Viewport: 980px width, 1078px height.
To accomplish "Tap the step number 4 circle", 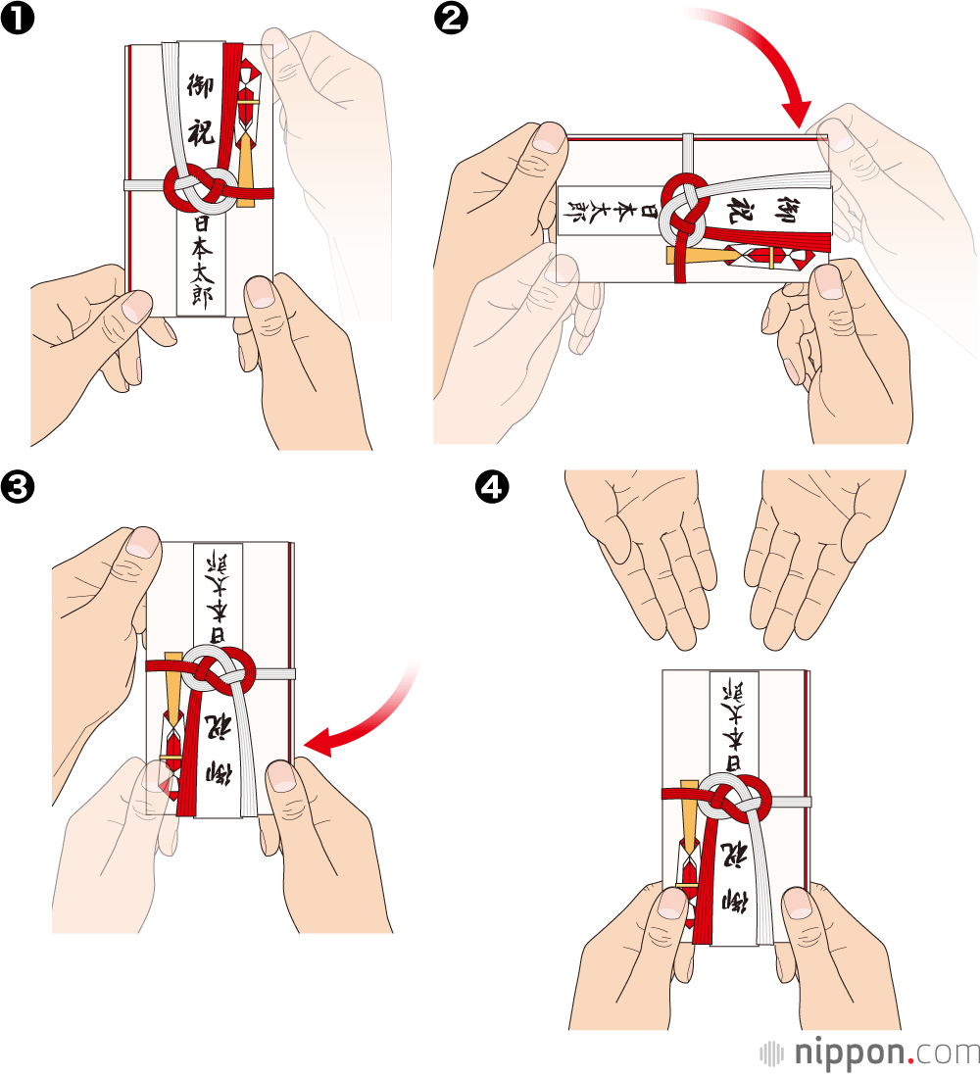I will tap(490, 486).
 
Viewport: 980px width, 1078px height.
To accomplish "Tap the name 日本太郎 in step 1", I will tap(202, 260).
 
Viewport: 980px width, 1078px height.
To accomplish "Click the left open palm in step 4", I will tap(647, 549).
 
